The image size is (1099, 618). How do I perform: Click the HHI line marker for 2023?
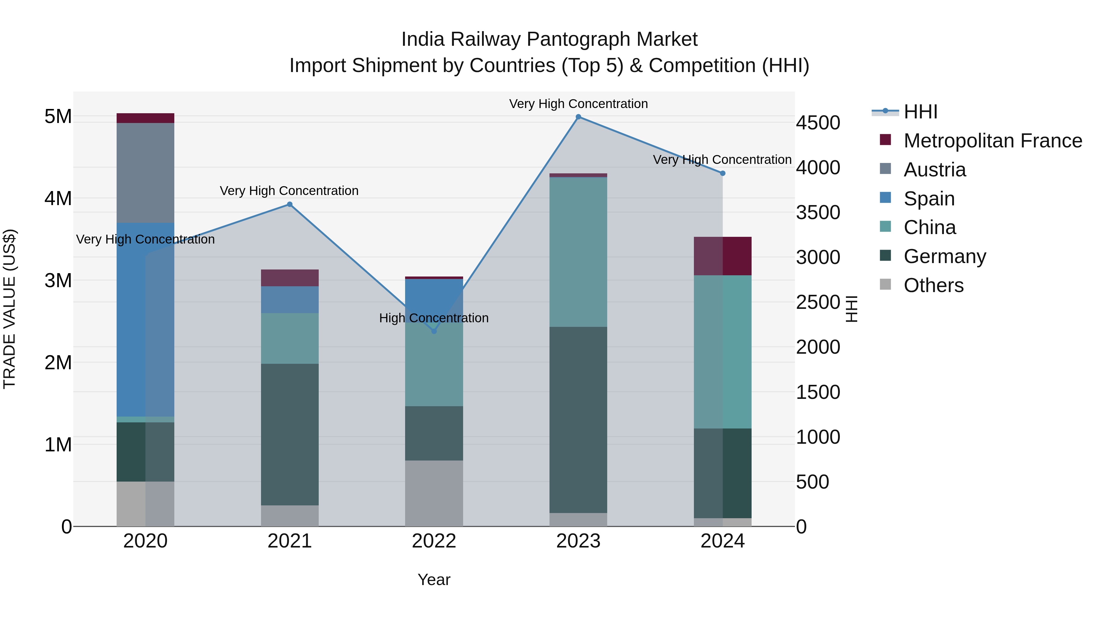[x=578, y=117]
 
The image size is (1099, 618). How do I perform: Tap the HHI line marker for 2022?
[x=434, y=331]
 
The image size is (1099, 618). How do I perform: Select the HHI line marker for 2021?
[x=289, y=204]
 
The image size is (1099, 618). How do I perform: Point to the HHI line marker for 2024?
[x=722, y=173]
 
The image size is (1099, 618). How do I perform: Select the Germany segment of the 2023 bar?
[x=578, y=420]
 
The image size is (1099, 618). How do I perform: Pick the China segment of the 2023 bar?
[x=578, y=252]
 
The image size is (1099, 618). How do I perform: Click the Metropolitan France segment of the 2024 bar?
[x=722, y=256]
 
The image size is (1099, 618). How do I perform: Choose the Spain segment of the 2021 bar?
[x=289, y=299]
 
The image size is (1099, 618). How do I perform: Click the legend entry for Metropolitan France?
[x=992, y=140]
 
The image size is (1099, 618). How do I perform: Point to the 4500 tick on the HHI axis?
[x=818, y=123]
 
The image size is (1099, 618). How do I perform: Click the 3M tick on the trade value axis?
[x=58, y=280]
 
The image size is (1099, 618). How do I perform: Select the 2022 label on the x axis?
[x=434, y=541]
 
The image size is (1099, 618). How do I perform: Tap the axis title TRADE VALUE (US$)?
[x=9, y=309]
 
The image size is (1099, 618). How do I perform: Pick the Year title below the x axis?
[x=433, y=580]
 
